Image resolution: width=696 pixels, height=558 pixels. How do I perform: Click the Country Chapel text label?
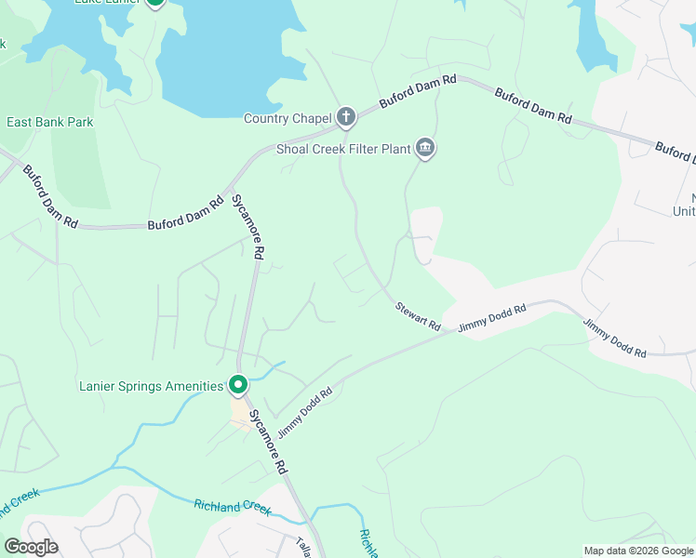[x=287, y=118]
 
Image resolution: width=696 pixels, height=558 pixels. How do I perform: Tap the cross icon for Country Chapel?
[x=346, y=116]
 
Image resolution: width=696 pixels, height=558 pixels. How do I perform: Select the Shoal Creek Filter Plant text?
[x=343, y=149]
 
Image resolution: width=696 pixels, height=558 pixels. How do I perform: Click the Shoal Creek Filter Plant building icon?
[x=425, y=147]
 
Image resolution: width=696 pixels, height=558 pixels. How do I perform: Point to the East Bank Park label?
[x=50, y=122]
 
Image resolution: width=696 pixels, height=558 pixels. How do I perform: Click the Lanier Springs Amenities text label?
[x=150, y=386]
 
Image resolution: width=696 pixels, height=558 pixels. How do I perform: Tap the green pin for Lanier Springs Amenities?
[x=238, y=383]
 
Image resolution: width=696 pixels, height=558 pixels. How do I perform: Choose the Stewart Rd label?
[x=417, y=316]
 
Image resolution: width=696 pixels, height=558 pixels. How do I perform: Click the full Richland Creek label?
[x=232, y=508]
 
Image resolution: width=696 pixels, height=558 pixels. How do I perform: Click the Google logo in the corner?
[x=31, y=547]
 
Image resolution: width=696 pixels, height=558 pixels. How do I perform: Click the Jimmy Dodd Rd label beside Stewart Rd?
[x=492, y=317]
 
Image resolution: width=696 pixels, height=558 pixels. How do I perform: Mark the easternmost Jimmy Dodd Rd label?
[x=614, y=339]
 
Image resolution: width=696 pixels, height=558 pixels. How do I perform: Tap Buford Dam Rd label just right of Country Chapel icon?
[x=418, y=92]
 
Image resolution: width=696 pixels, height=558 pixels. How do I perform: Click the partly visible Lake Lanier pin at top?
[x=154, y=3]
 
